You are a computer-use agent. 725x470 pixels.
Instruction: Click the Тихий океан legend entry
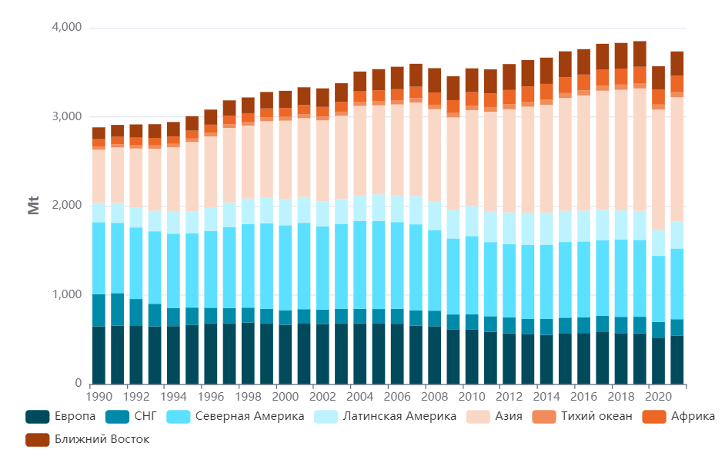(596, 417)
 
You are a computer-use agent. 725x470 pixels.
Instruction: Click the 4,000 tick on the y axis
(66, 28)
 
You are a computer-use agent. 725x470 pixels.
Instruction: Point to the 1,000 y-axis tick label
(66, 294)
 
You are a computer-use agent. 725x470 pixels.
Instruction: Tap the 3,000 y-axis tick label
(66, 116)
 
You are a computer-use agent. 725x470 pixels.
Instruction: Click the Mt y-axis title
(34, 206)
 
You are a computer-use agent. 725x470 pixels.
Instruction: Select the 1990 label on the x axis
(99, 396)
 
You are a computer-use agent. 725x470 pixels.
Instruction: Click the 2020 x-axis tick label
(658, 396)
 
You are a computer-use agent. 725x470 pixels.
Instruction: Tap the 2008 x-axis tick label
(434, 396)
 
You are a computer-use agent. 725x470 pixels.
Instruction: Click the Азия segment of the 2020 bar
(658, 170)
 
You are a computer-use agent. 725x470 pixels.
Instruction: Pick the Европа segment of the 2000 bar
(285, 354)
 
